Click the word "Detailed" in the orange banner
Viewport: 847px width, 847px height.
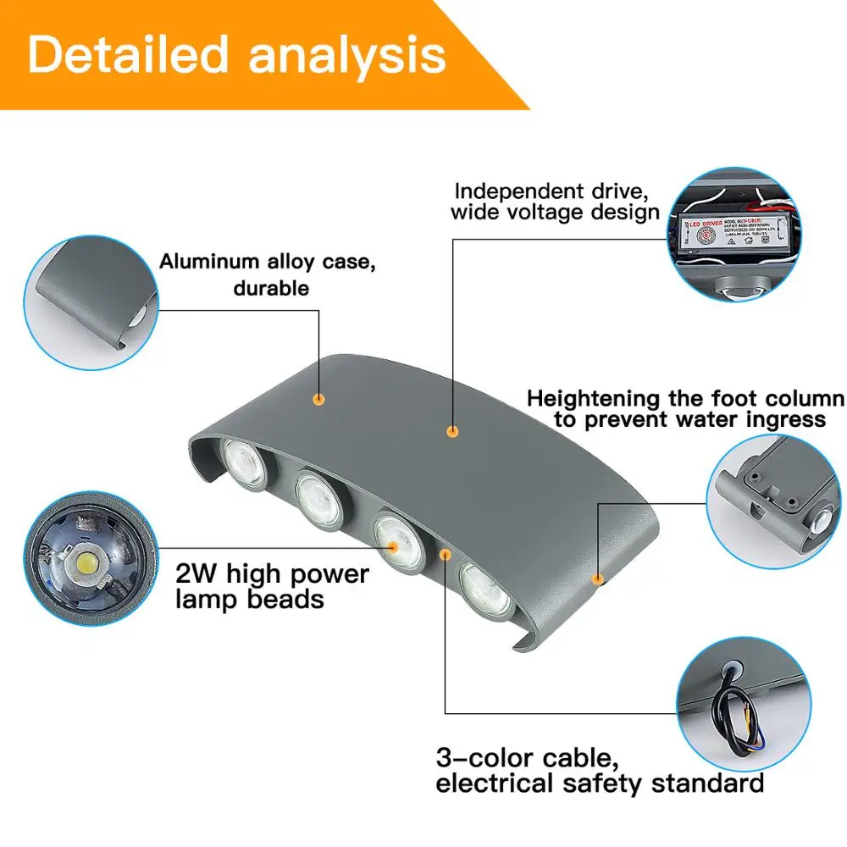127,54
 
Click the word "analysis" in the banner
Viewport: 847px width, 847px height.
347,54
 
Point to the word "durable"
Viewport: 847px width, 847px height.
271,288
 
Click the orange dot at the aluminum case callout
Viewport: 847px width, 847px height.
319,398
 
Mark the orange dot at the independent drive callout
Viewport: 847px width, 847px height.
452,431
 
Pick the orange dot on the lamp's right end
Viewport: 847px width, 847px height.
598,579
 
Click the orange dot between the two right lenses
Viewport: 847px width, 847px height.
446,554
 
